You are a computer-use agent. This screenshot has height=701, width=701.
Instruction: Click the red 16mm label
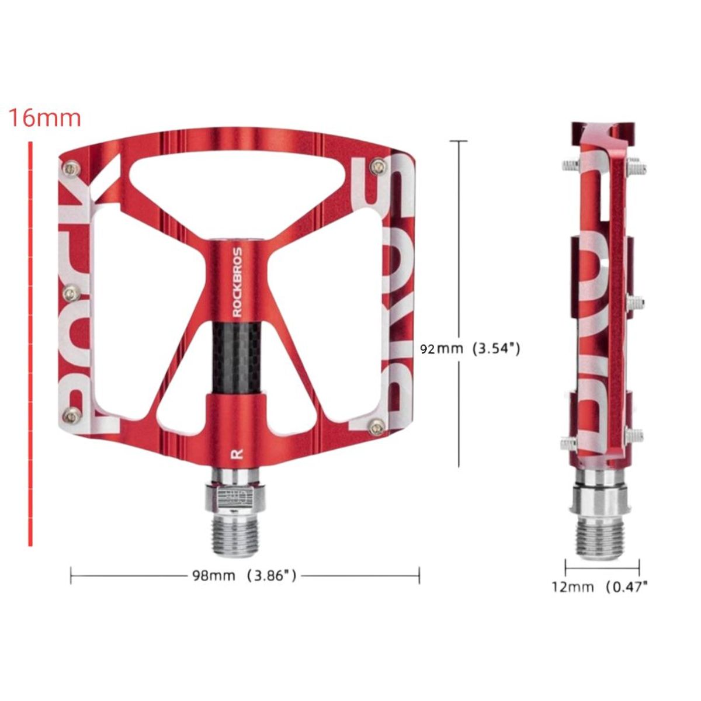(44, 117)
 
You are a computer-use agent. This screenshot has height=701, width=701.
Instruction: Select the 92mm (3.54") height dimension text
(470, 349)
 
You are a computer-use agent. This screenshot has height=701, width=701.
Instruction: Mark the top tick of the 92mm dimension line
(459, 141)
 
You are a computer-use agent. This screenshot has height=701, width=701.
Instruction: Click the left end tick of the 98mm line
(71, 575)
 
